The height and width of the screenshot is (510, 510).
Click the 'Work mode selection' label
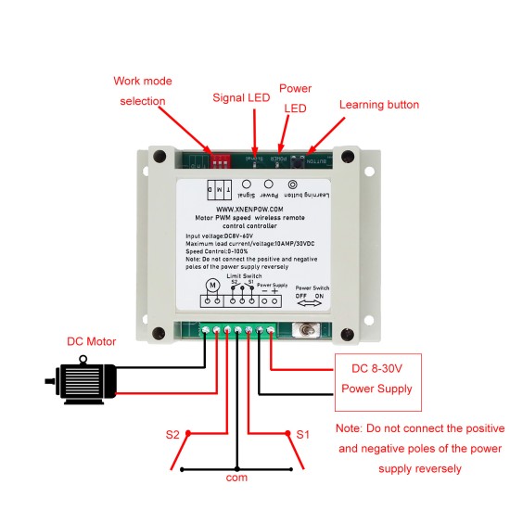tap(143, 91)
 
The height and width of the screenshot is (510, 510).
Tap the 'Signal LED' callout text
tap(243, 96)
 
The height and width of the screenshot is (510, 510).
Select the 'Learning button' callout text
tap(378, 105)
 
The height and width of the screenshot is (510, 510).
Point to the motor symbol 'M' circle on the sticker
tap(211, 283)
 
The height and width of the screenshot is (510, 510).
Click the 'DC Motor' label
tap(92, 341)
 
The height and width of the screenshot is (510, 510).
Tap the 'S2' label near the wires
tap(172, 434)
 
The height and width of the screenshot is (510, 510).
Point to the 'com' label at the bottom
tap(237, 478)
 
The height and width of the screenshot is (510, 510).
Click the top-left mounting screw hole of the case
tap(154, 157)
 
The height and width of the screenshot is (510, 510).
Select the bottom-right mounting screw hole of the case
tap(346, 331)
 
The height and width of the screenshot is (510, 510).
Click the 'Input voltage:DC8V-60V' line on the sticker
tap(227, 237)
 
